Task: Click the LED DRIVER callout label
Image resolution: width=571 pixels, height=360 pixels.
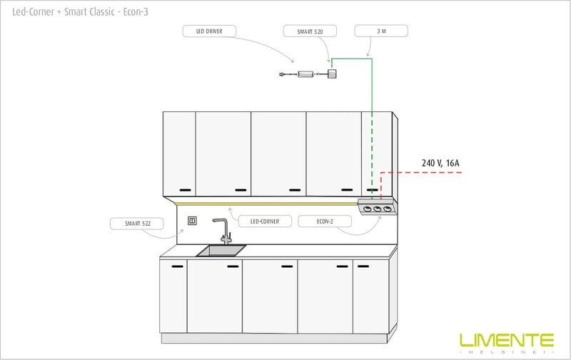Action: [x=209, y=31]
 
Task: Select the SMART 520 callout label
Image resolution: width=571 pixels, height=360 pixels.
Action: [x=310, y=31]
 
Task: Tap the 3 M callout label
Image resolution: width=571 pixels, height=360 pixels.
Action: [x=381, y=31]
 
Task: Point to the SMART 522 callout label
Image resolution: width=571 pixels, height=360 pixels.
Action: [x=137, y=224]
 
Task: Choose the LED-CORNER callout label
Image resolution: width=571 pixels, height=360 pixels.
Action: [x=265, y=221]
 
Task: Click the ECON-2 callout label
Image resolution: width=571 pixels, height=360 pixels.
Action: [x=325, y=221]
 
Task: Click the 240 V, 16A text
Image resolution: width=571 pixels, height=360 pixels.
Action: [x=440, y=163]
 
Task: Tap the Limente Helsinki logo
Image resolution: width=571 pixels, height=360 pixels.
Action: [x=507, y=344]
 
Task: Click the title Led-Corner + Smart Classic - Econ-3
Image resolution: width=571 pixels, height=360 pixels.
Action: [x=80, y=11]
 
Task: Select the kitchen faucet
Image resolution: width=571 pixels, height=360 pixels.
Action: [x=225, y=231]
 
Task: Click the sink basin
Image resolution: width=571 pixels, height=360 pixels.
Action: [x=221, y=251]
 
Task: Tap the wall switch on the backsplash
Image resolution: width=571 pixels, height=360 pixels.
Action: [x=192, y=221]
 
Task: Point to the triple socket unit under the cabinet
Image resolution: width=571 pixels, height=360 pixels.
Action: [x=378, y=207]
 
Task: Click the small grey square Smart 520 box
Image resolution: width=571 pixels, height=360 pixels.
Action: [x=331, y=74]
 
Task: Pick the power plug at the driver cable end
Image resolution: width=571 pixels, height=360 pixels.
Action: [x=282, y=74]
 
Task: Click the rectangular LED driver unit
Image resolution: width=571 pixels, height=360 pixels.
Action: [x=305, y=74]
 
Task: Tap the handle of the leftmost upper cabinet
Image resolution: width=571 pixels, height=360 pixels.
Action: [x=185, y=190]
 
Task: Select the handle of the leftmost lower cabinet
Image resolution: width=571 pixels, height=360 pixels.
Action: [x=177, y=266]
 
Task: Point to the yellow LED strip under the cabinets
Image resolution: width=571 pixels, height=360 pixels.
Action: [x=266, y=204]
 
